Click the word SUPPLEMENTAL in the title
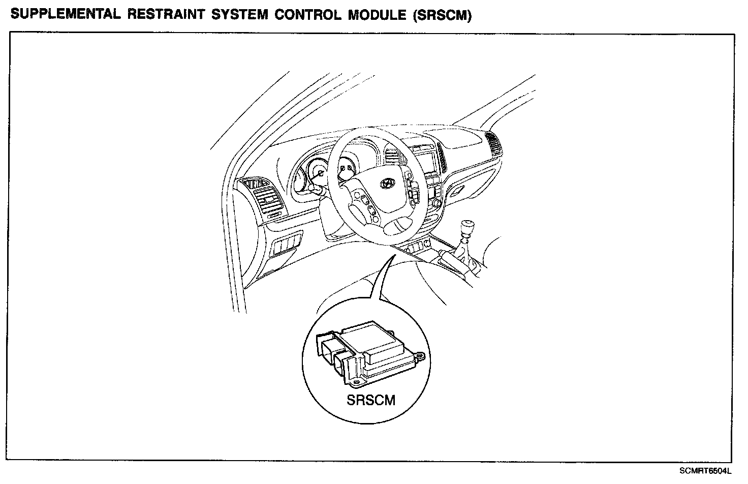65,15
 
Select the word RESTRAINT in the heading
163,15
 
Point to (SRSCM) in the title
442,15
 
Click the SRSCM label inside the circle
370,400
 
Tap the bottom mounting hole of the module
358,380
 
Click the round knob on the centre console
436,204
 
